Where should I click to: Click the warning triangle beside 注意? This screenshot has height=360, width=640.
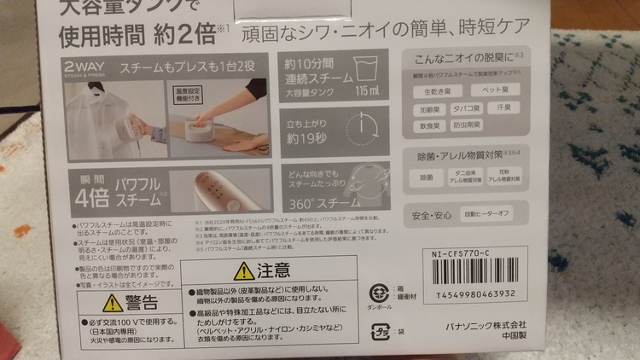point(244,271)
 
